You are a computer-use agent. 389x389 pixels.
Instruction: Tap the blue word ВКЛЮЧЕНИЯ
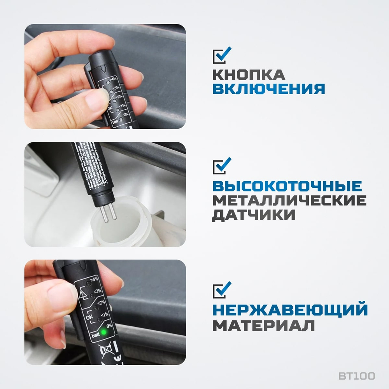coord(268,89)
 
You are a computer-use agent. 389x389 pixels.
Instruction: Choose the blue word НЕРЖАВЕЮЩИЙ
coord(290,310)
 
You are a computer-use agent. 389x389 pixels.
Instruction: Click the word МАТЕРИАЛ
coord(263,325)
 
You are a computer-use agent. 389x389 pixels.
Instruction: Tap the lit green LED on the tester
coord(104,332)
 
